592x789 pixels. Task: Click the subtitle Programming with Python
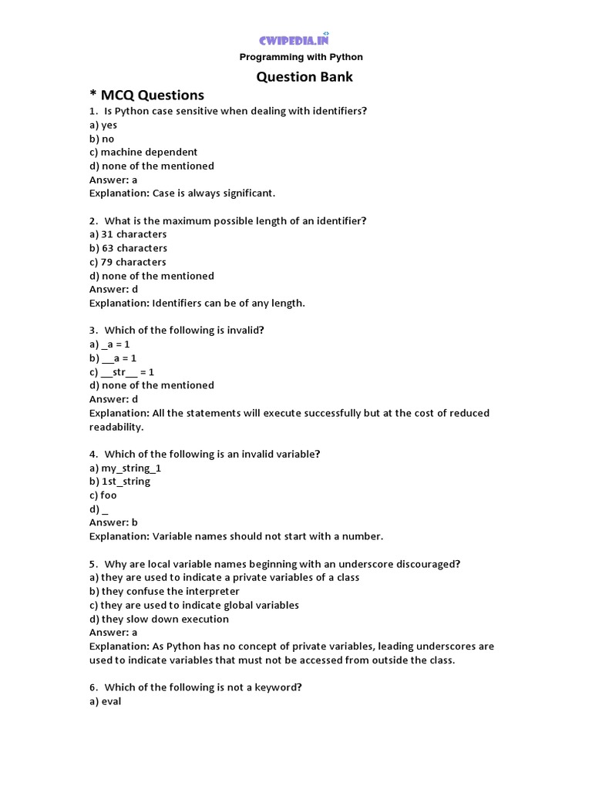click(x=301, y=57)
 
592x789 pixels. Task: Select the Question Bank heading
click(x=304, y=77)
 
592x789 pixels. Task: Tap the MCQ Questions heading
click(x=147, y=95)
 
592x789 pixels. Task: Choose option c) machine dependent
click(x=143, y=152)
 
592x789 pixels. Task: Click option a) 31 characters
click(x=128, y=234)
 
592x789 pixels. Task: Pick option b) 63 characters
click(x=128, y=248)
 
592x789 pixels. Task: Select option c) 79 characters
click(x=128, y=262)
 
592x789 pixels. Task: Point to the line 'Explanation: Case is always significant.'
click(x=182, y=193)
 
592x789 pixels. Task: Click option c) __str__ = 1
click(x=122, y=371)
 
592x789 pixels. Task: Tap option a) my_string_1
click(x=126, y=468)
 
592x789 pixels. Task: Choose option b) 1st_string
click(x=120, y=482)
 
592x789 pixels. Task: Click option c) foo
click(x=103, y=495)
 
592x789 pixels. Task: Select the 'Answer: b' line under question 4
click(x=113, y=522)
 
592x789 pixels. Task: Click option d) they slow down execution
click(x=159, y=619)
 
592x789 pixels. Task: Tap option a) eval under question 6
click(x=106, y=701)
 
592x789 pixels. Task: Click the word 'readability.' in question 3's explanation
click(x=116, y=427)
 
